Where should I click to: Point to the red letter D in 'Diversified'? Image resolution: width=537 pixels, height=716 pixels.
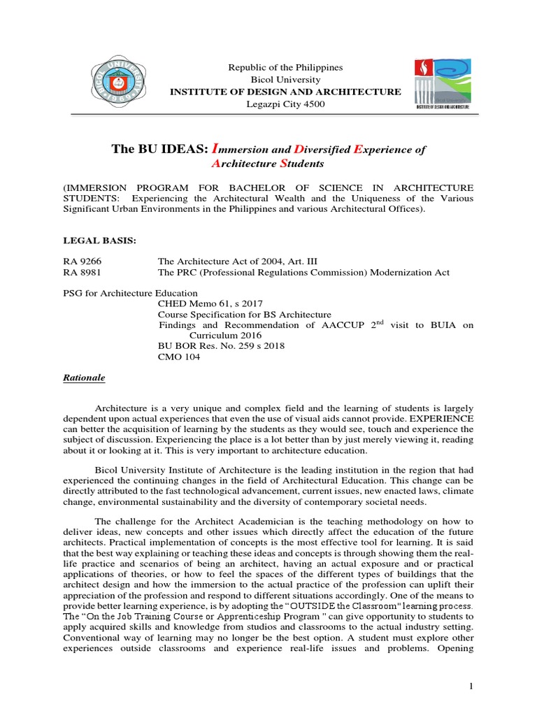(298, 150)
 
